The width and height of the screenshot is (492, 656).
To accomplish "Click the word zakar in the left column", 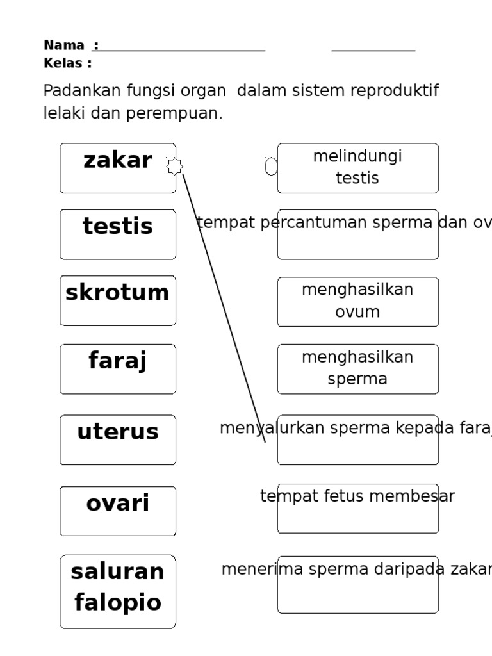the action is [118, 160].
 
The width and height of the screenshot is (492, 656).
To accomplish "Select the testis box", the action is [118, 234].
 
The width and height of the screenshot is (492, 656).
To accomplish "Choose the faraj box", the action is [118, 368].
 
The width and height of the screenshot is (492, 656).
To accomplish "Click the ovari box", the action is [118, 511].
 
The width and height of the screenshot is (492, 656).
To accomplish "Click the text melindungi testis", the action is [357, 168].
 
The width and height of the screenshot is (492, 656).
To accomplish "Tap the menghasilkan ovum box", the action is [357, 301].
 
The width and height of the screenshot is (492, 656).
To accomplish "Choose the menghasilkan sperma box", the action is [357, 368].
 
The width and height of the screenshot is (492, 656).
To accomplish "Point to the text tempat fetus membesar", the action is [357, 496].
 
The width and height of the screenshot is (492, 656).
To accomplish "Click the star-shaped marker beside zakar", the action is [174, 167].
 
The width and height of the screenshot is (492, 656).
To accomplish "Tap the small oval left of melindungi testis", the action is [271, 167].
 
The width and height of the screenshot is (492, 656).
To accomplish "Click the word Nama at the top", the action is [63, 45].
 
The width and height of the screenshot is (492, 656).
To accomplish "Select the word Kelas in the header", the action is [63, 63].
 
